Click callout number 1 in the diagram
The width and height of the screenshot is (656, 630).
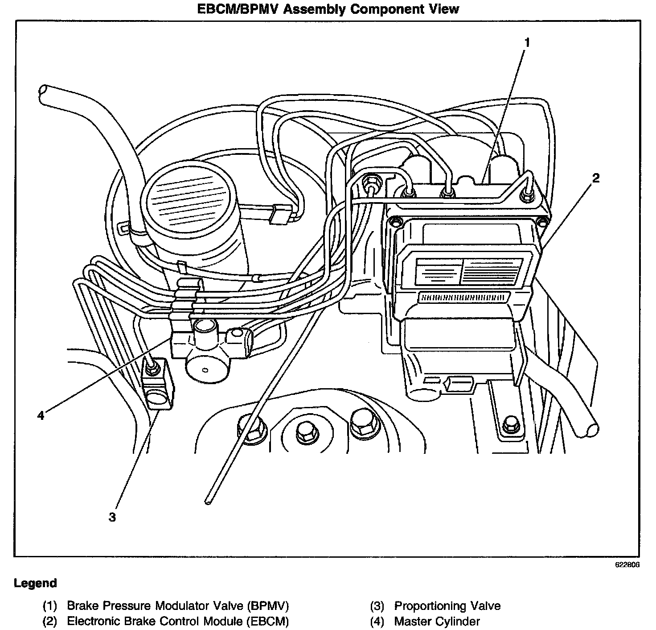(x=527, y=43)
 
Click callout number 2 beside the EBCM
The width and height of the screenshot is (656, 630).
(x=596, y=178)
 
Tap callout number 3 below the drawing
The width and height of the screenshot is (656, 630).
(x=112, y=517)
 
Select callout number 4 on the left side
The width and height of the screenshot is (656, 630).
(x=41, y=415)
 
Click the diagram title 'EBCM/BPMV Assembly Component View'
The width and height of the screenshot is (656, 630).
(x=328, y=9)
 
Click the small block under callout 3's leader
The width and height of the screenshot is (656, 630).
(x=157, y=384)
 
